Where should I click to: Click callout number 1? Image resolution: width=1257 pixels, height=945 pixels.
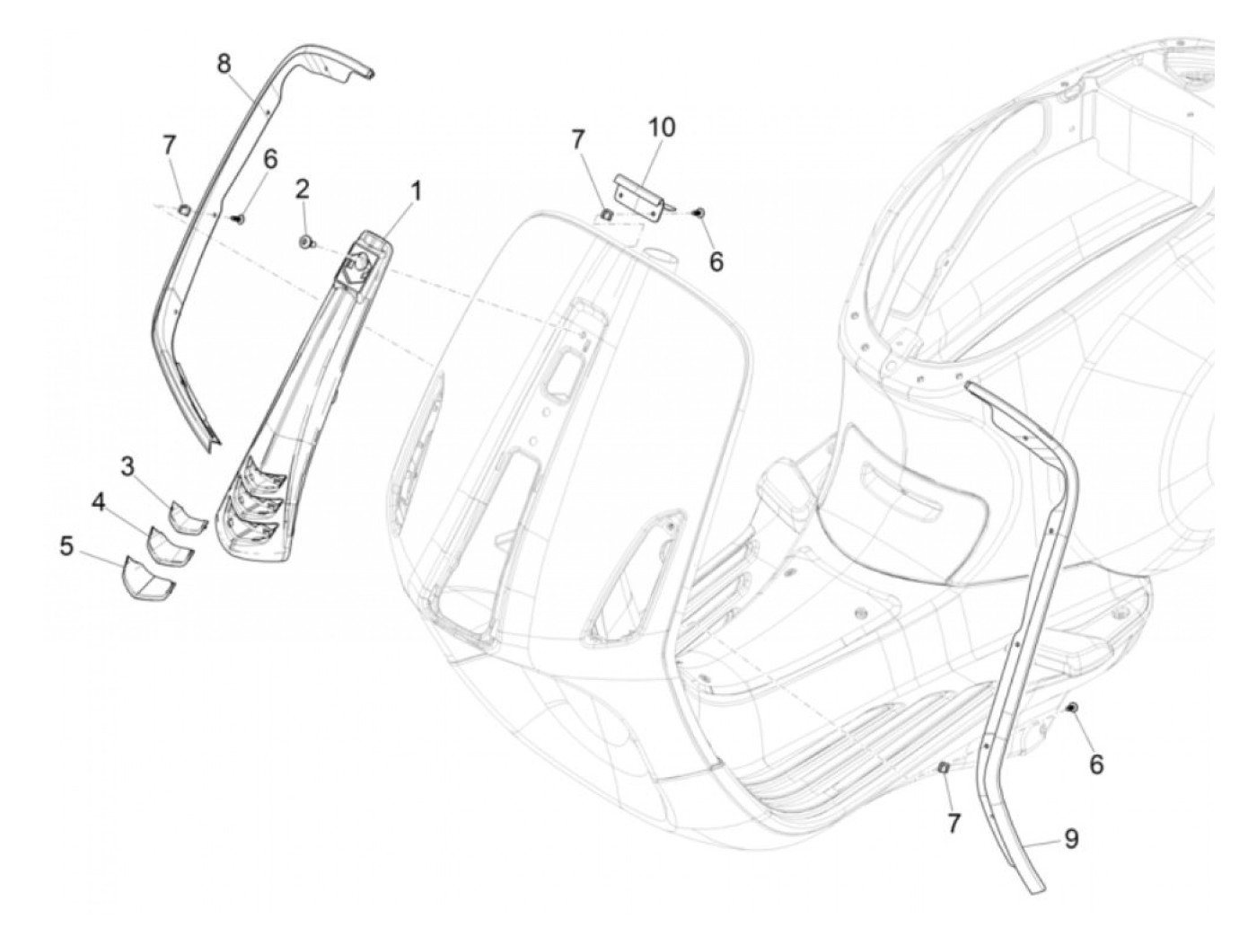(x=415, y=190)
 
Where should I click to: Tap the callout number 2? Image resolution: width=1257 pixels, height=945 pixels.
(x=303, y=190)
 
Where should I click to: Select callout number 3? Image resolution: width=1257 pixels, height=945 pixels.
(x=128, y=466)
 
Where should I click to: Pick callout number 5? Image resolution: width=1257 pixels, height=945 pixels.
(x=67, y=545)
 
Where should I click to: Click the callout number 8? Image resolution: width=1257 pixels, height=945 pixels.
(x=224, y=63)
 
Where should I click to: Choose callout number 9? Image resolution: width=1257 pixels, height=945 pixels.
(x=1070, y=839)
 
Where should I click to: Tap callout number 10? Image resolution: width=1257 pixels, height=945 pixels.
(x=662, y=127)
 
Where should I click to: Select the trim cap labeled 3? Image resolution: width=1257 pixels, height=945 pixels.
(x=187, y=518)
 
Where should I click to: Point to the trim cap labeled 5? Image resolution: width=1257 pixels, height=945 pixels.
(x=141, y=578)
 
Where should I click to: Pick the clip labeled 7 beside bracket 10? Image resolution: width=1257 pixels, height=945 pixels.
(x=631, y=214)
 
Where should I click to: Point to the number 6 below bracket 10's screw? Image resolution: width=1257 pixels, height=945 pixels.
(x=716, y=261)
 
